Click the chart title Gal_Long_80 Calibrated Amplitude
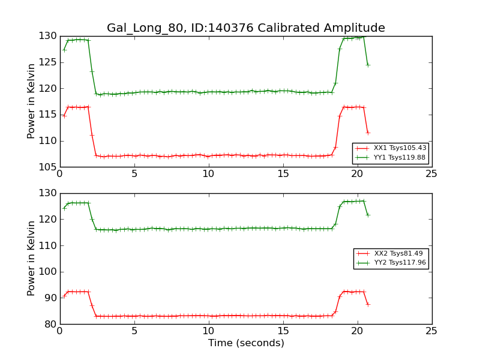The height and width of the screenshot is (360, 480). click(246, 28)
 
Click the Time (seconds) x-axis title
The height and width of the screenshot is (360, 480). click(246, 343)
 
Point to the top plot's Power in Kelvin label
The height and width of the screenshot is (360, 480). click(32, 101)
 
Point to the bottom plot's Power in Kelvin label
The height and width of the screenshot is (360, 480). click(32, 258)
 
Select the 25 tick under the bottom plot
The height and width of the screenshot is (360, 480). click(431, 331)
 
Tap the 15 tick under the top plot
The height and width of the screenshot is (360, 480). click(283, 174)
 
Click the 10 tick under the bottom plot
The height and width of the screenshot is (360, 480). click(208, 331)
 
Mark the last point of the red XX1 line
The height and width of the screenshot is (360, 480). click(368, 133)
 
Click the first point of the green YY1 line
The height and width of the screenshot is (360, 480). click(64, 50)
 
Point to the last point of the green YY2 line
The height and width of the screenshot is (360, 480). click(368, 215)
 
